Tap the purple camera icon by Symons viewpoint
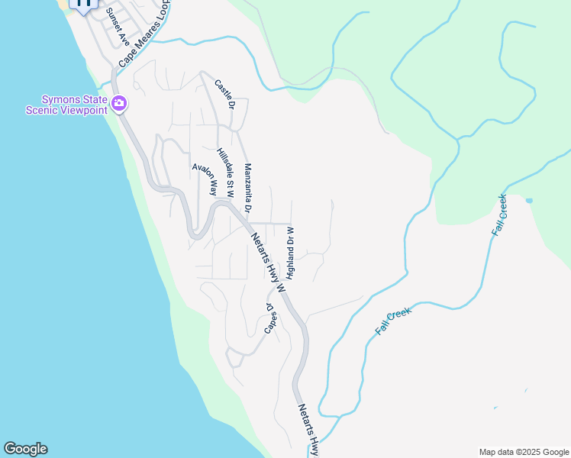119,103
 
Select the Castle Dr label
223,94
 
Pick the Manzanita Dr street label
247,187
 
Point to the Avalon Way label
205,178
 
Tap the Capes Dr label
269,318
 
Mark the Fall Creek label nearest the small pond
500,215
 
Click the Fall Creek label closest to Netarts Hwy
393,321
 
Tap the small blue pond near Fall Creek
529,201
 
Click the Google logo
25,449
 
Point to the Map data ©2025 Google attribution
523,452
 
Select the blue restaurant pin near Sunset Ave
84,4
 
